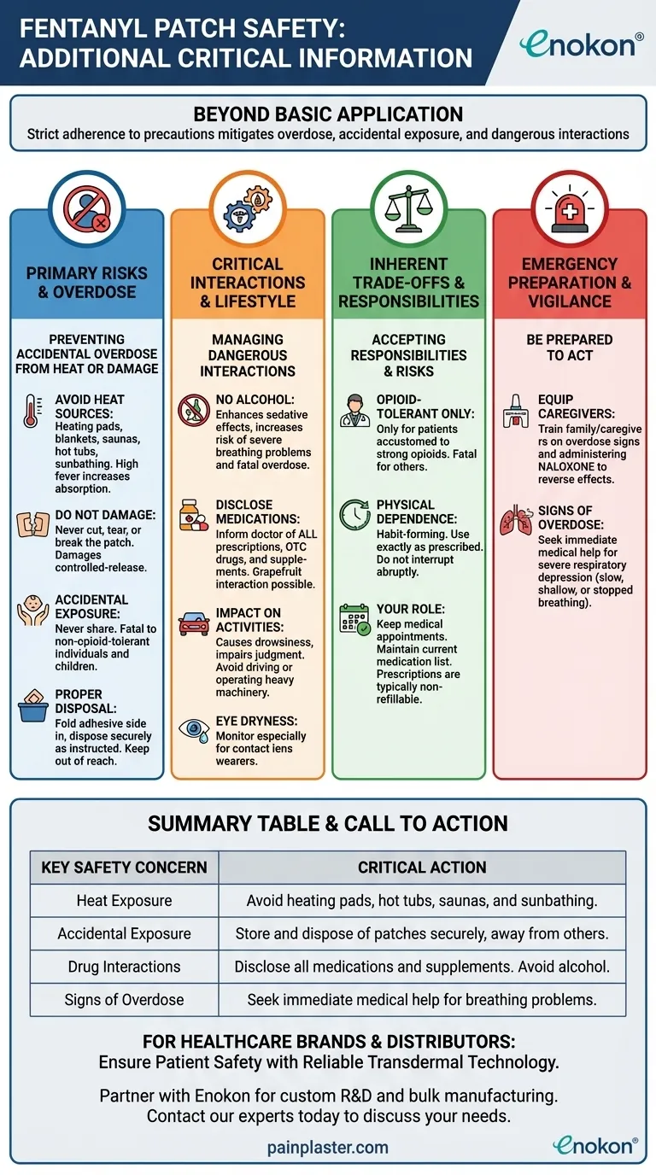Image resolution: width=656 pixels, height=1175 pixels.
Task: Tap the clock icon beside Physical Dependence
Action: click(x=354, y=514)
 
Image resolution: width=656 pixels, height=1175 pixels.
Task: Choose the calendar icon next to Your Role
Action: click(x=354, y=619)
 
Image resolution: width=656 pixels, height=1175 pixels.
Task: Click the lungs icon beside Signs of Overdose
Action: click(x=515, y=522)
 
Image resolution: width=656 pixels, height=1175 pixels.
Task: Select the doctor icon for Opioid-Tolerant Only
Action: click(x=354, y=409)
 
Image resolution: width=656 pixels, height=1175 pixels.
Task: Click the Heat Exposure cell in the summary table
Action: click(x=124, y=901)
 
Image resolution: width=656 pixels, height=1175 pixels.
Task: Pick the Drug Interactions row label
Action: click(x=124, y=967)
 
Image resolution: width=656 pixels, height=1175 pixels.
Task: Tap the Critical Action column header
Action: click(x=422, y=868)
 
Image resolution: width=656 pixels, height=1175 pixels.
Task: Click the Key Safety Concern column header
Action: click(x=124, y=868)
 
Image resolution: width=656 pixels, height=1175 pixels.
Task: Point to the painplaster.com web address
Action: click(x=327, y=1148)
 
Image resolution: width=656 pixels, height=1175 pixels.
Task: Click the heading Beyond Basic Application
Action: click(x=328, y=114)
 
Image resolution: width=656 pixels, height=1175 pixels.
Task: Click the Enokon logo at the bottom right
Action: click(x=594, y=1145)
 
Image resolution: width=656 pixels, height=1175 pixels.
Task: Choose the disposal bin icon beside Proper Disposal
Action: click(x=32, y=708)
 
